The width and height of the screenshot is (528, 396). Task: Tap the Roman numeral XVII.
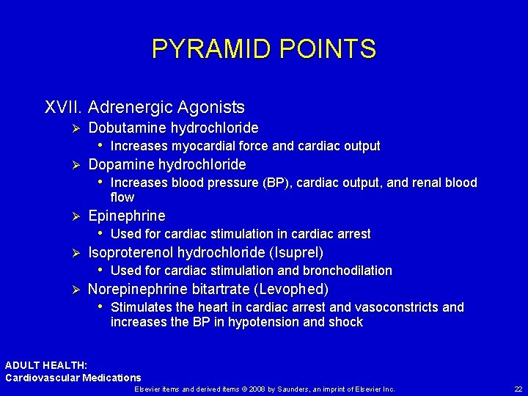(x=63, y=108)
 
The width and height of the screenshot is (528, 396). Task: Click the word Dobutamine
(x=127, y=128)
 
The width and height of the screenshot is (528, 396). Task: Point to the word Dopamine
(x=120, y=164)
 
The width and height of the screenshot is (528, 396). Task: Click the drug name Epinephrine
(x=127, y=216)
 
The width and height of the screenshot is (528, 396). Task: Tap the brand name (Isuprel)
(x=298, y=252)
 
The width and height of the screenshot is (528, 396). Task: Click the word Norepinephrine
(x=138, y=289)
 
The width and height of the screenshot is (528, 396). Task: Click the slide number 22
(x=518, y=389)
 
